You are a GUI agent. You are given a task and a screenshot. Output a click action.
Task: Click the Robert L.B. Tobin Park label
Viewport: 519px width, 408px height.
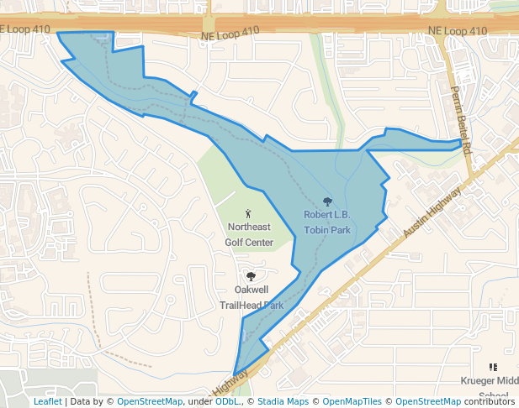(x=326, y=222)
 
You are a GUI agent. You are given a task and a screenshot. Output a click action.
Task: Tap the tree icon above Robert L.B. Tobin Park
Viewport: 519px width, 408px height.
(x=327, y=201)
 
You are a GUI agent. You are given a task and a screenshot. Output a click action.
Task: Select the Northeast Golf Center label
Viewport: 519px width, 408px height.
(x=248, y=235)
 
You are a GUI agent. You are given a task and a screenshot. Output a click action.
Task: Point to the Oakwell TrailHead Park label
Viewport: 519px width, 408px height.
(x=251, y=297)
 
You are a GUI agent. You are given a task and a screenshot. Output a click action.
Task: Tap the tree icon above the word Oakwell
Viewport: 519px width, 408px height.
(x=250, y=275)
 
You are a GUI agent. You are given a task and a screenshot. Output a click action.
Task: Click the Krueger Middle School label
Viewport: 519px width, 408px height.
(x=490, y=387)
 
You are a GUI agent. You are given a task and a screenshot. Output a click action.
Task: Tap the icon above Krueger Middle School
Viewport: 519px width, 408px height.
(x=493, y=367)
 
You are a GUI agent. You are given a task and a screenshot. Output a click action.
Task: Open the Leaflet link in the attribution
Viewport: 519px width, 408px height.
(x=47, y=402)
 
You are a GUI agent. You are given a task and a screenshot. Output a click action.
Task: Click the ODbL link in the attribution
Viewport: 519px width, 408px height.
(x=228, y=402)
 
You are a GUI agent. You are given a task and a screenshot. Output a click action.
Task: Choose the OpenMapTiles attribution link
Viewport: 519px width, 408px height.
(x=352, y=402)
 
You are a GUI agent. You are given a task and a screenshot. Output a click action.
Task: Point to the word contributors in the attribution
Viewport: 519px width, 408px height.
(x=490, y=402)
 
